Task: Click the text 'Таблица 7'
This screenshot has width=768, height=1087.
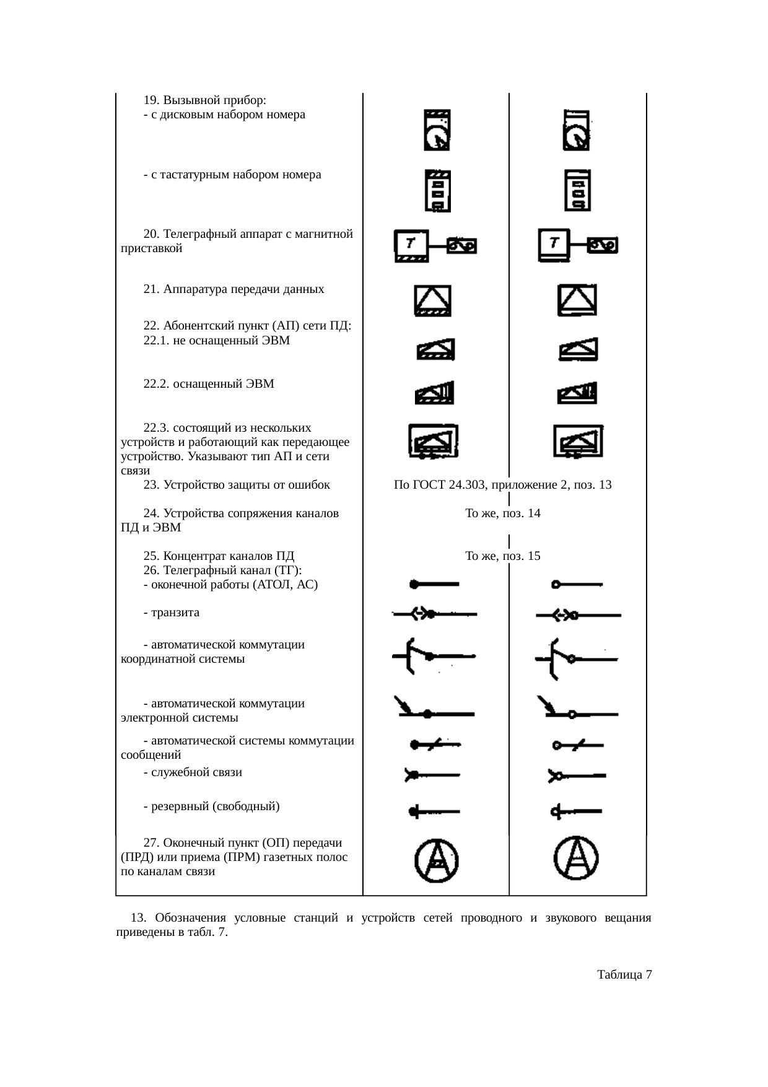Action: pos(624,976)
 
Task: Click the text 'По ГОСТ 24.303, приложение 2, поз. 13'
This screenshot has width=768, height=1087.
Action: pos(502,485)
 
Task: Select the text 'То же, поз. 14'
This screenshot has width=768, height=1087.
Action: pos(502,513)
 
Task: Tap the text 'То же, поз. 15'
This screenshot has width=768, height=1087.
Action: pos(502,556)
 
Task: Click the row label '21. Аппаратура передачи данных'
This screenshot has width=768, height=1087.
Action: pos(233,289)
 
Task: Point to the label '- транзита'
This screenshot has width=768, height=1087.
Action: pos(171,613)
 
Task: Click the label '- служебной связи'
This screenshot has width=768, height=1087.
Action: pos(192,772)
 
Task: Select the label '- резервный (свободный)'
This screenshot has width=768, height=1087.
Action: pos(211,806)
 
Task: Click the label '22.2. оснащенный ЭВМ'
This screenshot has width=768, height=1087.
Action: pos(209,384)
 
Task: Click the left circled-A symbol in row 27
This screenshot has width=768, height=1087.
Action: pos(437,860)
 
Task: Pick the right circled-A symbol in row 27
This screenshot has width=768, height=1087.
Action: pos(576,858)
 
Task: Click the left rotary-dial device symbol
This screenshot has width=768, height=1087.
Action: pos(437,130)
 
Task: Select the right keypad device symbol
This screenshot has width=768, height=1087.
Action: pos(577,191)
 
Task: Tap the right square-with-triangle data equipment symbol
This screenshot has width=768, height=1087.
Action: pos(577,300)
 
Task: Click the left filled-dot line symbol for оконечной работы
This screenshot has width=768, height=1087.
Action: pos(434,584)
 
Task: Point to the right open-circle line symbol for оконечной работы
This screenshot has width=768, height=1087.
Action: pos(577,584)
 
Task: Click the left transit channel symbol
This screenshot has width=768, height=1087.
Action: pos(434,614)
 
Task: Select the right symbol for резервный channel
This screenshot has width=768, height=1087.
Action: pos(576,811)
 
